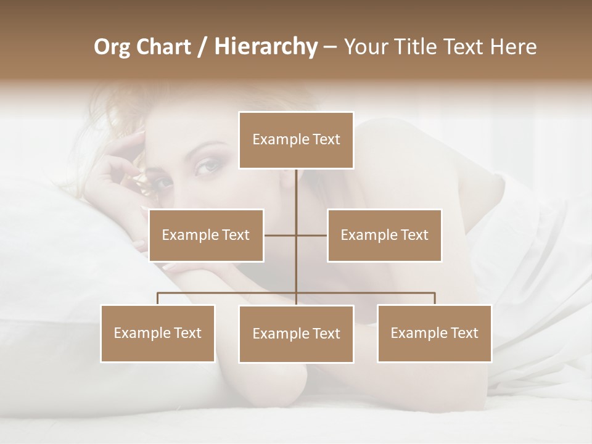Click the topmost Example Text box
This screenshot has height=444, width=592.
click(x=296, y=140)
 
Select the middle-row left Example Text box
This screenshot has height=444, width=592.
click(x=206, y=235)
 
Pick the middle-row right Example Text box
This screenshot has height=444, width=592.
click(x=384, y=235)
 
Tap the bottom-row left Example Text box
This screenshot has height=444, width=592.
click(x=158, y=333)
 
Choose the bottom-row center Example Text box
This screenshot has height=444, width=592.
click(x=296, y=334)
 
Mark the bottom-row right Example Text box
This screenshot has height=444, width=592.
click(x=434, y=333)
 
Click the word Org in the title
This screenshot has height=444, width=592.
click(x=112, y=47)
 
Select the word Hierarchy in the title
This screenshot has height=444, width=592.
click(x=265, y=47)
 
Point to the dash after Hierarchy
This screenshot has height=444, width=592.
click(x=330, y=47)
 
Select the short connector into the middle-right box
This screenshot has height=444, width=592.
click(x=311, y=235)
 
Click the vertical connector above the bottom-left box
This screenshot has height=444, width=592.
click(x=158, y=298)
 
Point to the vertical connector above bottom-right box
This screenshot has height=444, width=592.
click(x=434, y=298)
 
